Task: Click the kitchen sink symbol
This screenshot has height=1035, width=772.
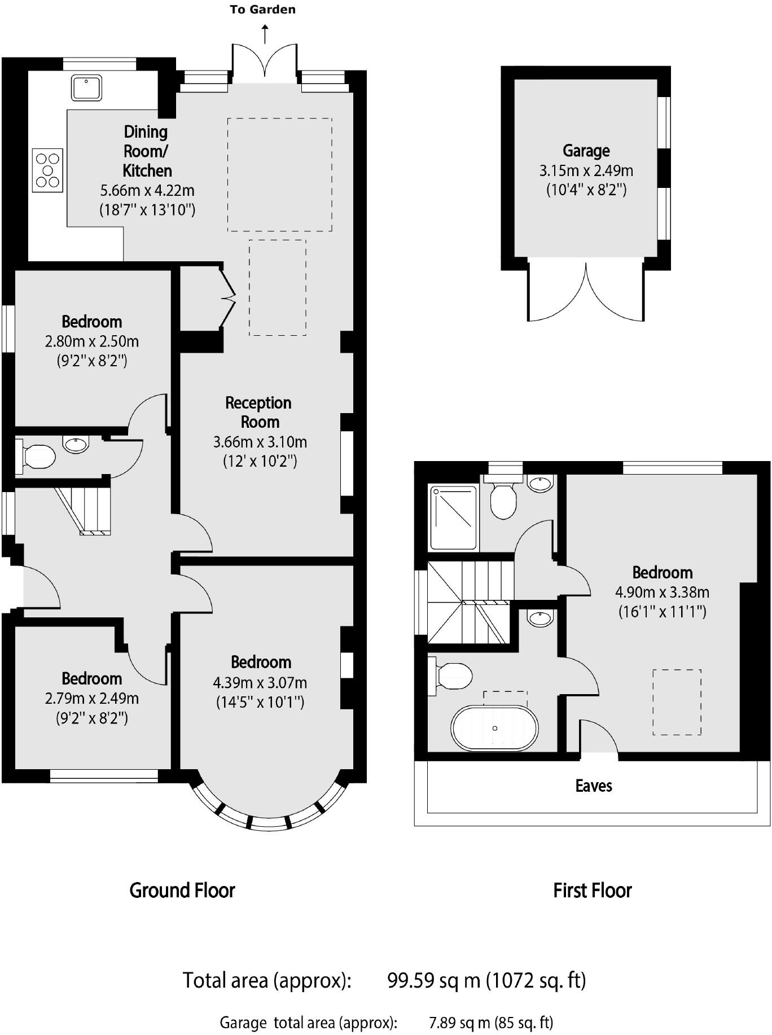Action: [x=86, y=88]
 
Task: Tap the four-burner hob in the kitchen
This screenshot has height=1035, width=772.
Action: [x=47, y=170]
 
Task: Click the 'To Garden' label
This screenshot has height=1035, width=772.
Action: [x=262, y=10]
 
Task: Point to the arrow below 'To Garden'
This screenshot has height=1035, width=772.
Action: [x=265, y=34]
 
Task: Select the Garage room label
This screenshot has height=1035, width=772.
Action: [x=586, y=151]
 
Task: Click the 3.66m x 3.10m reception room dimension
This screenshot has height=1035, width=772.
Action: [x=260, y=442]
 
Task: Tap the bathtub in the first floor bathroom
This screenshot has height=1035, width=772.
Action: [x=495, y=728]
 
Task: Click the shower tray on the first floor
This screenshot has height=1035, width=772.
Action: [x=453, y=517]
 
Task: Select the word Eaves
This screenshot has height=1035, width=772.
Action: [x=593, y=786]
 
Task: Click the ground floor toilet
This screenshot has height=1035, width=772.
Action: [x=37, y=457]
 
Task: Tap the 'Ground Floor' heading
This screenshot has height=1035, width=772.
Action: [x=182, y=891]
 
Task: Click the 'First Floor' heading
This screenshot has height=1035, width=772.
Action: [x=592, y=891]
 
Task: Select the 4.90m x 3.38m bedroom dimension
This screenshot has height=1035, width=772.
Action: [x=662, y=592]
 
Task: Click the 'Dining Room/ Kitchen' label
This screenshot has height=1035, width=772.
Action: [x=146, y=151]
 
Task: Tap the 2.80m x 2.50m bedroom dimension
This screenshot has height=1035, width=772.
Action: [x=91, y=341]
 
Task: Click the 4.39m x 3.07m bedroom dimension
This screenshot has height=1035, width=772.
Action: [x=260, y=683]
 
